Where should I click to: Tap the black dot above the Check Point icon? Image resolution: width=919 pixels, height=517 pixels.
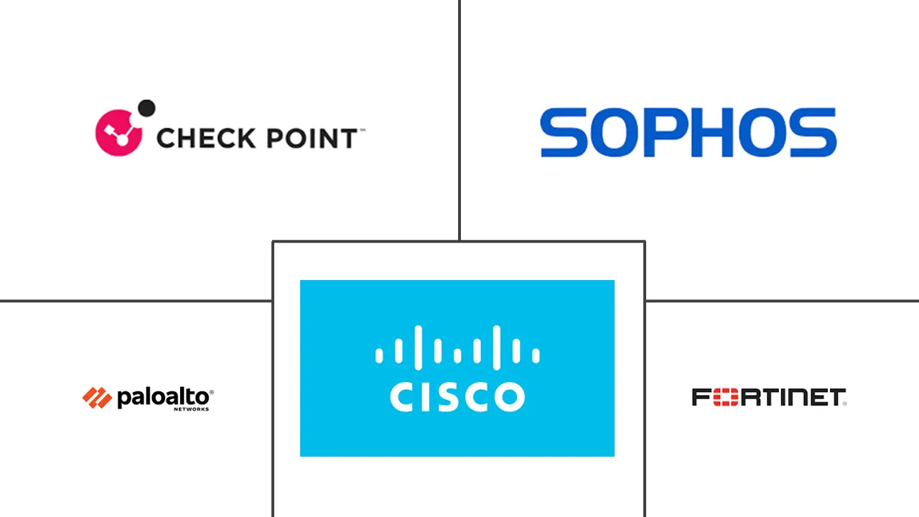click(146, 108)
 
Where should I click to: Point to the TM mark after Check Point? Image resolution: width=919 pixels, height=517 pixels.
click(361, 130)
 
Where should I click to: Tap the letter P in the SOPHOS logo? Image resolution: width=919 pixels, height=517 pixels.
click(673, 133)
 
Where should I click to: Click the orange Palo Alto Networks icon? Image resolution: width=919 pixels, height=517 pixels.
click(97, 397)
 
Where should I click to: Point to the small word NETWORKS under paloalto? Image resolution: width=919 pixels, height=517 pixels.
click(191, 409)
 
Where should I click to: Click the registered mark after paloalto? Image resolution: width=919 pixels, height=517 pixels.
click(211, 392)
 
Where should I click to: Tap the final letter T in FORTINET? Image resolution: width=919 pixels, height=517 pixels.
click(837, 397)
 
